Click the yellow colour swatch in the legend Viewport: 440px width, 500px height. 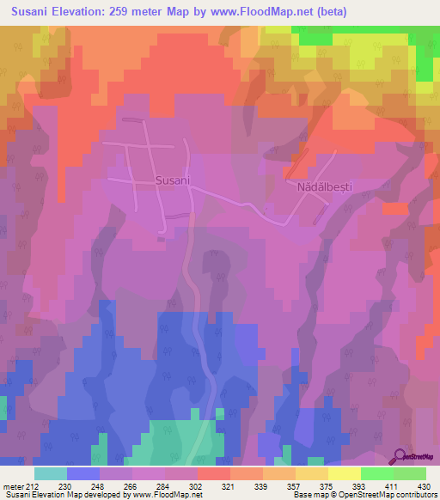point(344,473)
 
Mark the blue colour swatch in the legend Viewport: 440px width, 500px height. point(82,473)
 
